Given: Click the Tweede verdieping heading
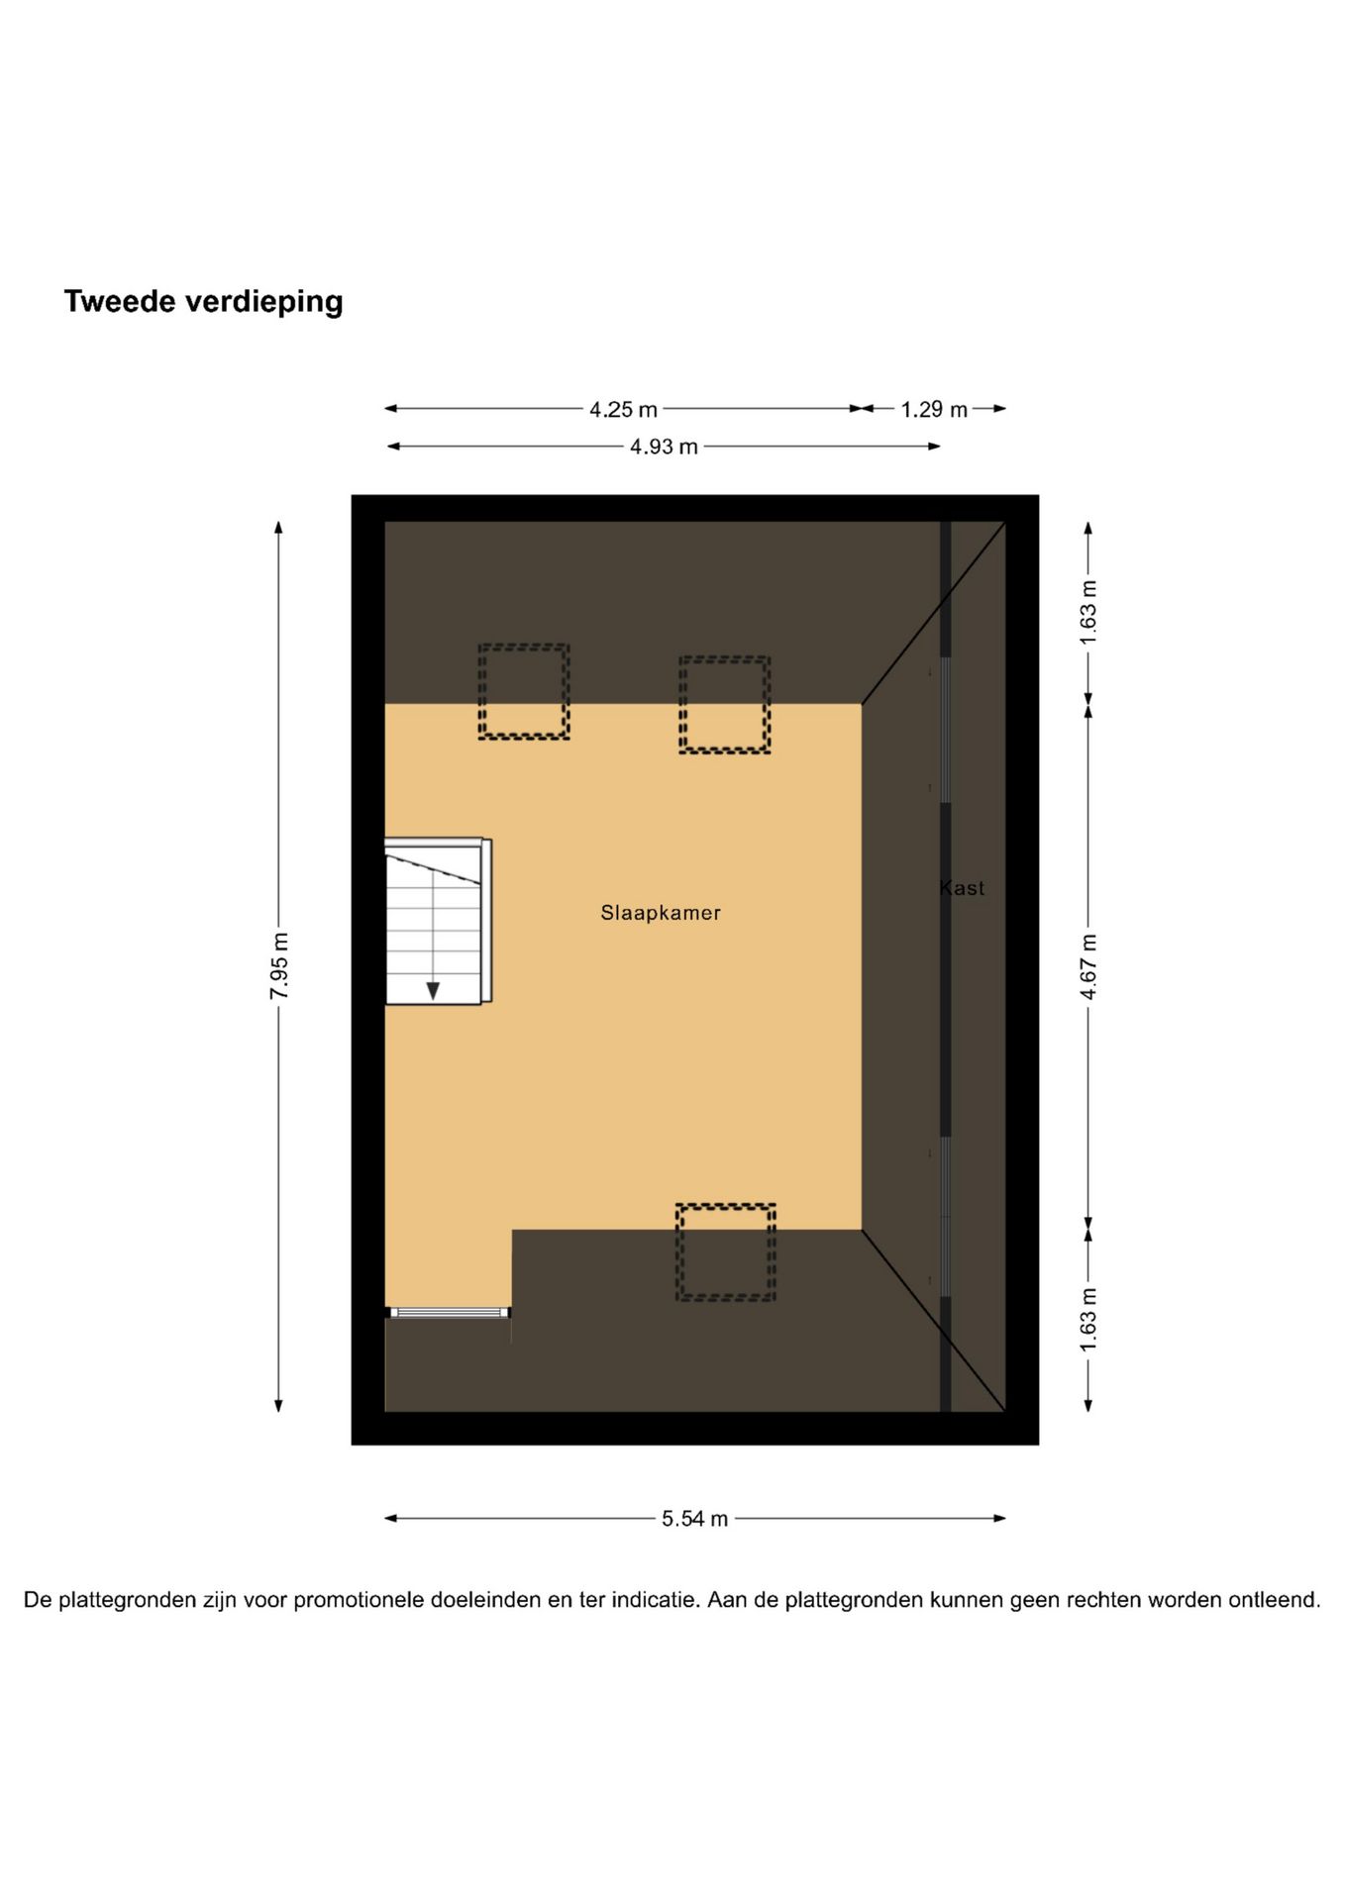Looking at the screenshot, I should click(203, 302).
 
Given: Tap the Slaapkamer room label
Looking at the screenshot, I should click(661, 913).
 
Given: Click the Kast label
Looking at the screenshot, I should click(963, 888).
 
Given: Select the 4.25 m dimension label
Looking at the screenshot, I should click(623, 409).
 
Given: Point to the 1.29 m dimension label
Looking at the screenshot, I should click(933, 409).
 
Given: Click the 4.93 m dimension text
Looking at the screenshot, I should click(664, 447).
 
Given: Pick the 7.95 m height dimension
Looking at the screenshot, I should click(279, 965).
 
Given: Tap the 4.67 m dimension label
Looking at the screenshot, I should click(1088, 965).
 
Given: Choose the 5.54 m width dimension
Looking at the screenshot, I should click(694, 1519).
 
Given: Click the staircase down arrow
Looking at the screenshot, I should click(433, 990).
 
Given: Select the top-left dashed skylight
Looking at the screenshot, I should click(524, 691).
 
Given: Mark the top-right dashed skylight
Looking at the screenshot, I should click(724, 704).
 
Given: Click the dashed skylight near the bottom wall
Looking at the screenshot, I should click(725, 1251).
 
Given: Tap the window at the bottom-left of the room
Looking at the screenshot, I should click(450, 1313).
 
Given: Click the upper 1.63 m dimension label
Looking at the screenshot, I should click(1088, 612).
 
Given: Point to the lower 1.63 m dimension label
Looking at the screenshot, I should click(1088, 1319).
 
